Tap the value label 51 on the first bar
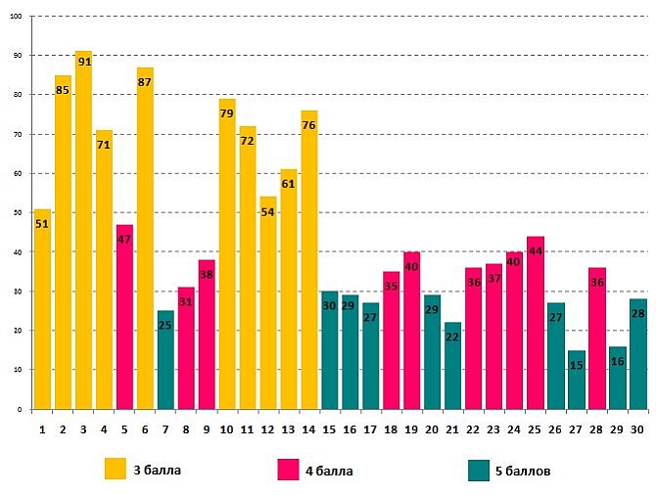tap(42, 223)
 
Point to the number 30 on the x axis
tap(637, 427)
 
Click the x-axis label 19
tap(411, 427)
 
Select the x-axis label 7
tap(165, 427)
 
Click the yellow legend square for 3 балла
tap(116, 470)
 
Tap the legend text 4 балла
tap(329, 471)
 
